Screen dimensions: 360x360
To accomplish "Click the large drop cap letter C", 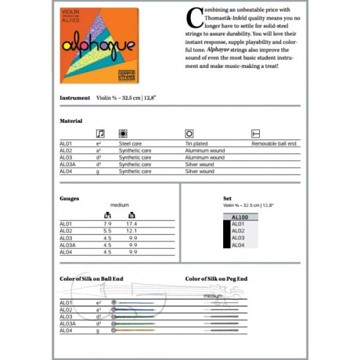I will click(194, 18).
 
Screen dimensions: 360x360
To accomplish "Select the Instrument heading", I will click(75, 98).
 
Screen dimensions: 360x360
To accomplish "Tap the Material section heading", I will click(71, 121).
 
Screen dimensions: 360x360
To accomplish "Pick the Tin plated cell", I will click(196, 144).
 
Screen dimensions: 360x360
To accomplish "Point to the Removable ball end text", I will click(274, 144).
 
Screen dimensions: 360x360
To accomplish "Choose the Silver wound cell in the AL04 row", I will click(199, 171).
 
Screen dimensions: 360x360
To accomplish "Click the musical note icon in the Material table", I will click(100, 133).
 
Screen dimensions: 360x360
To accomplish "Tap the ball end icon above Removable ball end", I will click(255, 133).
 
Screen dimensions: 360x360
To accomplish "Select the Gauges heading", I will click(69, 198).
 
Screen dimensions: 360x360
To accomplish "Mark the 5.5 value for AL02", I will click(107, 231).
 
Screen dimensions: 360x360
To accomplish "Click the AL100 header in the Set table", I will click(239, 217).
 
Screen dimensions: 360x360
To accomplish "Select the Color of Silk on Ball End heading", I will click(92, 279).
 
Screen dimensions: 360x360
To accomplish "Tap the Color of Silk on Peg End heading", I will click(216, 279).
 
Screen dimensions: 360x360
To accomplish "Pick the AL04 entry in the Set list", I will click(238, 245).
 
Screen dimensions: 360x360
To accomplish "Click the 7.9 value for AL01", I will click(107, 224).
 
